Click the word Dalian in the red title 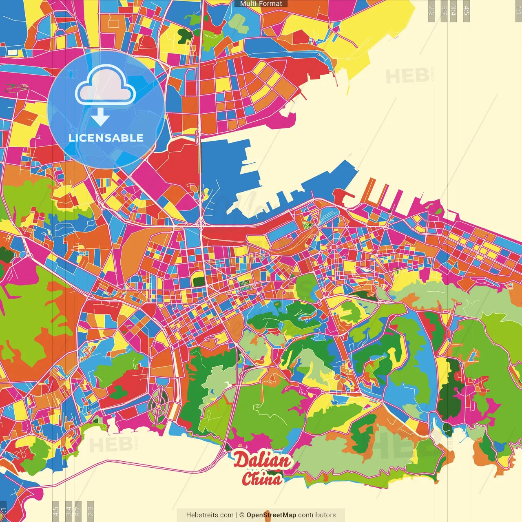tap(262, 460)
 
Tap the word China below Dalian tap(262, 478)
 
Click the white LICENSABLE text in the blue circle tap(106, 138)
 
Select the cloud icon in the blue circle tap(106, 85)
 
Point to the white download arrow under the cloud tap(100, 117)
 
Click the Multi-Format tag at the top tap(261, 4)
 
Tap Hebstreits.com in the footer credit tap(210, 515)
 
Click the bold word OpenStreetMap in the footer tap(271, 515)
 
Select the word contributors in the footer tap(317, 515)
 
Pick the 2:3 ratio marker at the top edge tap(431, 11)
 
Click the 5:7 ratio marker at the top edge tap(444, 11)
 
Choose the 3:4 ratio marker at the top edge tap(453, 11)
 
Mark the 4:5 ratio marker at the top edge tap(466, 11)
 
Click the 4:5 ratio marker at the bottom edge tap(55, 511)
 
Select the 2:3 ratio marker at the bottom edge tap(91, 511)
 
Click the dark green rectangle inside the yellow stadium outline tap(199, 281)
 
